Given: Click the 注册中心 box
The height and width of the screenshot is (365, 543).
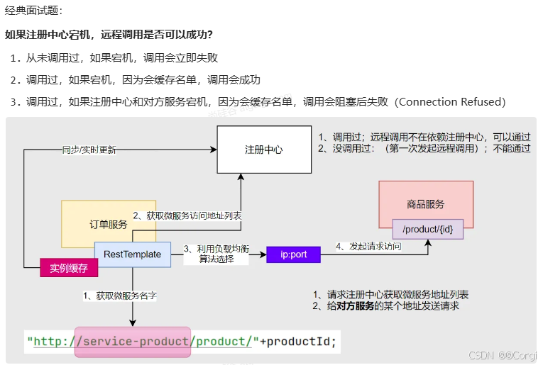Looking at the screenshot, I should coord(263,150).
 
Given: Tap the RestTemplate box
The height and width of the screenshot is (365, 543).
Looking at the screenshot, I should coord(133,254).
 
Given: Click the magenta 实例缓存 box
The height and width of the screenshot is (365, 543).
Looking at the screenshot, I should coord(69,268).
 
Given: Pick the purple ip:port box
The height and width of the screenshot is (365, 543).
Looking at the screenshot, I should coord(293,254).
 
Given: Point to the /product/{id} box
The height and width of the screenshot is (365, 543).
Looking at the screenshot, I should coord(427,228).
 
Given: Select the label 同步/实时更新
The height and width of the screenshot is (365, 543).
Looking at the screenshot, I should coord(89,150).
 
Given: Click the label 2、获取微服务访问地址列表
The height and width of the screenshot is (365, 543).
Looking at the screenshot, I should coord(187,215).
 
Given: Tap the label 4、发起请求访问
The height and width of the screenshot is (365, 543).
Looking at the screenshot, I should coord(368,247).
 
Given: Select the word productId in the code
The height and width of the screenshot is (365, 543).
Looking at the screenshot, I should coord(298,342).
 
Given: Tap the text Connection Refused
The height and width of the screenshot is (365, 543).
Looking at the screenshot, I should coord(451,102).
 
